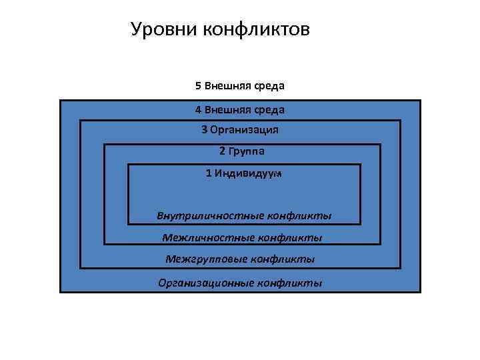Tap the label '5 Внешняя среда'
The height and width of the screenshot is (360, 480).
240,86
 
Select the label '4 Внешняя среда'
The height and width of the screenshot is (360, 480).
240,109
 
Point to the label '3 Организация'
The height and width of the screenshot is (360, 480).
240,129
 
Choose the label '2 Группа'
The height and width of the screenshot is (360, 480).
241,151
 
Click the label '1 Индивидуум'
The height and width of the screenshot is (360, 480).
244,173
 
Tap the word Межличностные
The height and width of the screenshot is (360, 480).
204,237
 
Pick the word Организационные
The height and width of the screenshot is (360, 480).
197,283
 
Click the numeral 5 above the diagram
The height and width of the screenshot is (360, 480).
198,86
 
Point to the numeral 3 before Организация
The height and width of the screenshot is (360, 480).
205,129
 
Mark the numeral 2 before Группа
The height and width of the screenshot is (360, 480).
222,151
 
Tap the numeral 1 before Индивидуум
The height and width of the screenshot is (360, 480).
209,173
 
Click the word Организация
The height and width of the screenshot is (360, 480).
244,129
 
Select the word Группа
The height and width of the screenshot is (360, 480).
246,151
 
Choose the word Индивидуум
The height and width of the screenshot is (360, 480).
248,173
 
